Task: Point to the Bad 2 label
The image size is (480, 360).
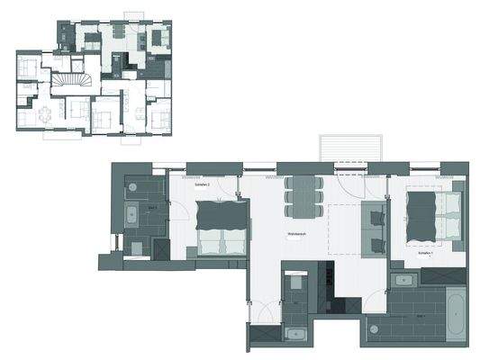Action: tap(152, 208)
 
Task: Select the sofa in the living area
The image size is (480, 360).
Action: tap(374, 230)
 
